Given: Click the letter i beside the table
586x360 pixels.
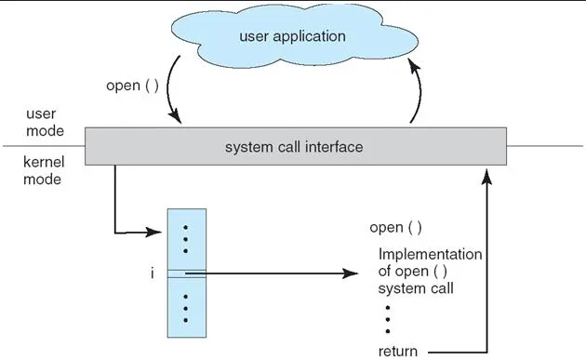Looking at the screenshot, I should pos(138,273).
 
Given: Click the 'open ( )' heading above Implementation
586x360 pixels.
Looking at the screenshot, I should pos(395,227).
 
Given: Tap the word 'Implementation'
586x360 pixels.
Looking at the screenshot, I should pos(430,254).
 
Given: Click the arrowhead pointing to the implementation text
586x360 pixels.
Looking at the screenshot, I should pos(352,274).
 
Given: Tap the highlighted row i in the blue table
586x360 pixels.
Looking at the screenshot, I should pos(186,273).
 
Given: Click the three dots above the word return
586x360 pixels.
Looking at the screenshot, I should pos(386,319).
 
